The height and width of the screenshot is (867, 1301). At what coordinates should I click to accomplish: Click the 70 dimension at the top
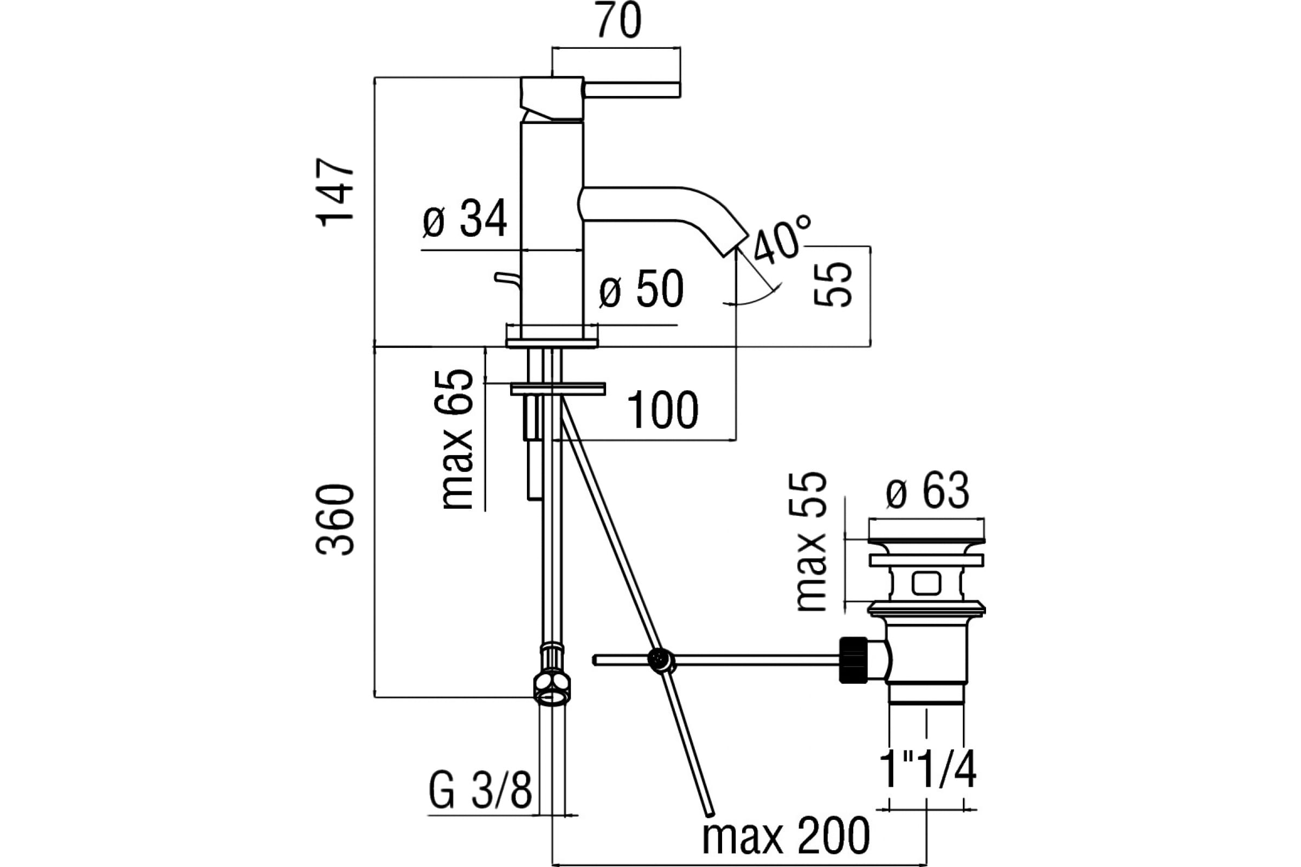619,21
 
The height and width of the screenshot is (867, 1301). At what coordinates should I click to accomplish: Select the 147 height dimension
335,192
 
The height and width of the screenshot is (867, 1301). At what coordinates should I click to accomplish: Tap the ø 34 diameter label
465,219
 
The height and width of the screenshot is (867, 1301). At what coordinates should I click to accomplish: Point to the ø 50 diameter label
641,289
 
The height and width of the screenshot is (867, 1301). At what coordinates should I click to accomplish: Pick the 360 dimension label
335,520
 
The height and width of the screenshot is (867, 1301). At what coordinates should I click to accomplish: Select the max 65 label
457,439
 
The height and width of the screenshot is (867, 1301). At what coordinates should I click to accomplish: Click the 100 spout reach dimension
662,410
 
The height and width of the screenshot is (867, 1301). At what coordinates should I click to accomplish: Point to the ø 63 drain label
928,490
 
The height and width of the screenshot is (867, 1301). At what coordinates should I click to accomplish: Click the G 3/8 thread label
480,792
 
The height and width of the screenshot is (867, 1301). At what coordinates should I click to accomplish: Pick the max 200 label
785,837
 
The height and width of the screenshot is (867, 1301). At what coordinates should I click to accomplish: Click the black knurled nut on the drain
853,660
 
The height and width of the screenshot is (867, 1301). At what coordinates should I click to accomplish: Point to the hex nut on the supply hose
551,690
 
